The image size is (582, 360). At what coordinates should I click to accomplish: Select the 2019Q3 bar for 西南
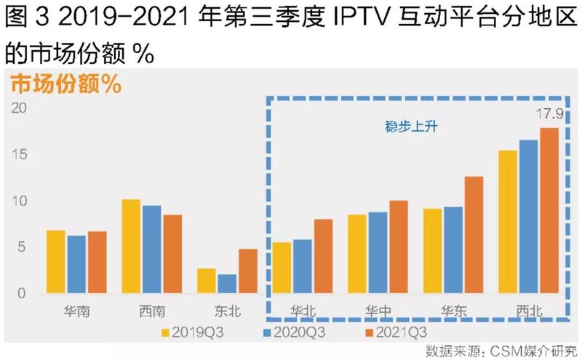click(x=131, y=247)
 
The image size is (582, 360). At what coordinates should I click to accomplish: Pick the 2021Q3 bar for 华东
click(x=474, y=235)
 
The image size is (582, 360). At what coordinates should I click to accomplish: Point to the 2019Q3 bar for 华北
click(x=282, y=268)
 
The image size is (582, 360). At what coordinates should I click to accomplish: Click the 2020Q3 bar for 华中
click(x=378, y=252)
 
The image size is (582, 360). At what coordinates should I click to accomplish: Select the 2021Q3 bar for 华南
click(x=97, y=263)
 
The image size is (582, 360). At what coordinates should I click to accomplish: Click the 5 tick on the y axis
click(x=22, y=247)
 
